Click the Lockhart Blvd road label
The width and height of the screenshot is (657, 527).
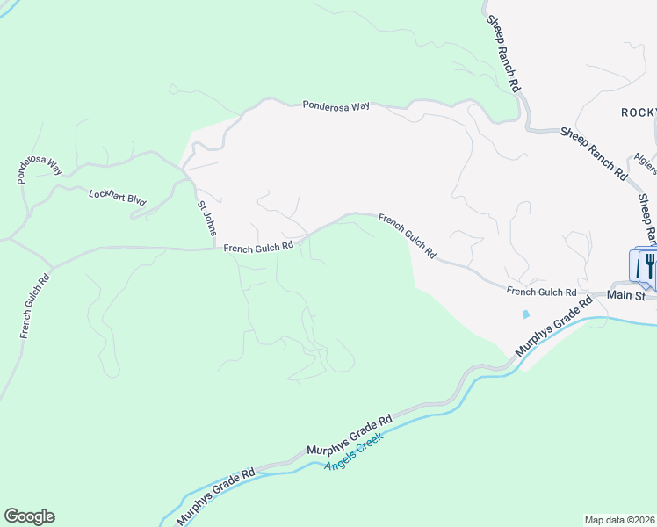click(x=117, y=196)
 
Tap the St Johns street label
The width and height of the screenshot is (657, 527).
click(x=205, y=219)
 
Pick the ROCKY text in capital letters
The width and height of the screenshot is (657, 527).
click(x=639, y=112)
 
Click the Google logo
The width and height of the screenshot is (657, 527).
click(x=29, y=516)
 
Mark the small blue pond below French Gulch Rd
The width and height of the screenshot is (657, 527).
click(x=525, y=314)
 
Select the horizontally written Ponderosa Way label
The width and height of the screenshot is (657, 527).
click(x=336, y=105)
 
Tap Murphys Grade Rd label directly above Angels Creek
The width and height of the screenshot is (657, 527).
click(x=349, y=435)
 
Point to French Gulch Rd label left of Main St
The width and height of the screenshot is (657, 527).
click(x=541, y=291)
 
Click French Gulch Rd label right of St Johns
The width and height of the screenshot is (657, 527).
click(x=258, y=249)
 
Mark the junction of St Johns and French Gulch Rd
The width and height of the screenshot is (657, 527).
click(x=217, y=249)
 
